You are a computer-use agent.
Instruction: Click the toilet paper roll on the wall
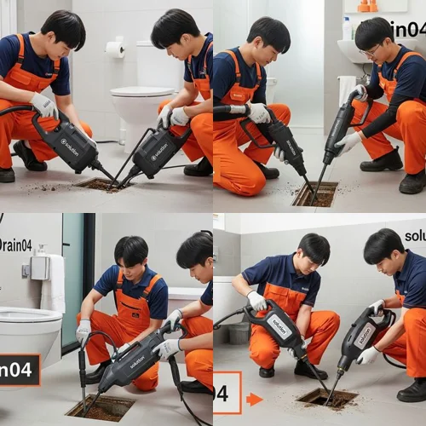pos(115,49)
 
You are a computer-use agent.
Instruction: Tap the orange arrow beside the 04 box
pos(254,399)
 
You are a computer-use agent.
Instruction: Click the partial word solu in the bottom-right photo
pos(414,236)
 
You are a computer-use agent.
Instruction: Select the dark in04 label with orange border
pos(19,370)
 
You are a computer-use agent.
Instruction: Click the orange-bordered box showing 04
pos(227,393)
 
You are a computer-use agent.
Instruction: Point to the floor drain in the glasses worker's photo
pos(314,193)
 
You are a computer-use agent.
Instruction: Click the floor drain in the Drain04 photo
pos(100,406)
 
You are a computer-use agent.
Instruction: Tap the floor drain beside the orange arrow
pos(327,398)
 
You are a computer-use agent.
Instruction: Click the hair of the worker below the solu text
pos(384,245)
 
